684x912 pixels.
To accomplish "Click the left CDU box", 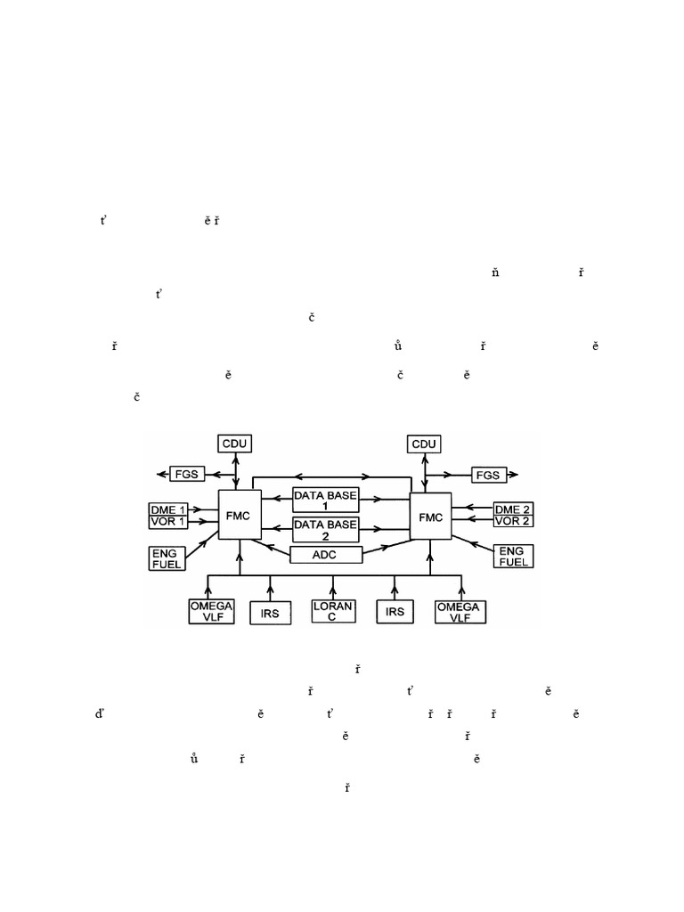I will click(234, 443).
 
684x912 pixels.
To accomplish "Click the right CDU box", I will click(425, 443).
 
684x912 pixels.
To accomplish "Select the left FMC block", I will click(237, 514).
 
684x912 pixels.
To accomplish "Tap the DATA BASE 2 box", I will click(326, 530).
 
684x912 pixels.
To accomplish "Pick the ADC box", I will click(327, 555).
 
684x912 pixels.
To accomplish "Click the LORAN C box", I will click(333, 611).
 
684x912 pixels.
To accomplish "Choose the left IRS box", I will click(270, 612).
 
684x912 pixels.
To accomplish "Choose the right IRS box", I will click(395, 612).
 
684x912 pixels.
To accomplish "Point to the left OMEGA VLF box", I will click(211, 611).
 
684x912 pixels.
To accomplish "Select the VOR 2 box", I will click(513, 520).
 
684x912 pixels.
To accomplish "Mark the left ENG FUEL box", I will click(167, 557).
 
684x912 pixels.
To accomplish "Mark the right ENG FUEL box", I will click(513, 557).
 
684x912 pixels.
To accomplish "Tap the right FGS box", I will click(487, 475).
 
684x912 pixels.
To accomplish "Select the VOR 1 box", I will click(169, 520).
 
